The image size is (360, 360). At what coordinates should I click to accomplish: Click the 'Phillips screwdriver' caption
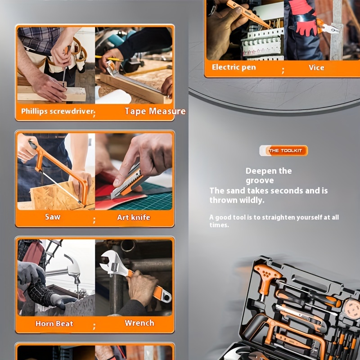click(x=58, y=111)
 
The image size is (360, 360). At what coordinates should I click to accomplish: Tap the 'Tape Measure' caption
click(x=155, y=111)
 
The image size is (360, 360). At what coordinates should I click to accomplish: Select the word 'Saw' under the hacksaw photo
click(x=53, y=217)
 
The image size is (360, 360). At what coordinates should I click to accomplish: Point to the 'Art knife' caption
click(x=134, y=217)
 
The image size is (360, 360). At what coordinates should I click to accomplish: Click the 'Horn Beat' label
click(x=54, y=324)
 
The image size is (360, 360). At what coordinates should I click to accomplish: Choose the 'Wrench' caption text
click(x=139, y=323)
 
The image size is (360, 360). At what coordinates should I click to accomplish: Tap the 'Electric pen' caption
click(x=234, y=67)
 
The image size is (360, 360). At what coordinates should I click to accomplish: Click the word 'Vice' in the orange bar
click(x=316, y=67)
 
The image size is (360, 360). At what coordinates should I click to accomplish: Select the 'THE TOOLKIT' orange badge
click(x=284, y=151)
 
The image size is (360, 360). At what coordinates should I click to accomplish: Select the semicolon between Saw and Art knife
click(x=94, y=220)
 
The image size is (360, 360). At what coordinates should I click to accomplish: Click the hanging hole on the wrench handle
click(x=166, y=297)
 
